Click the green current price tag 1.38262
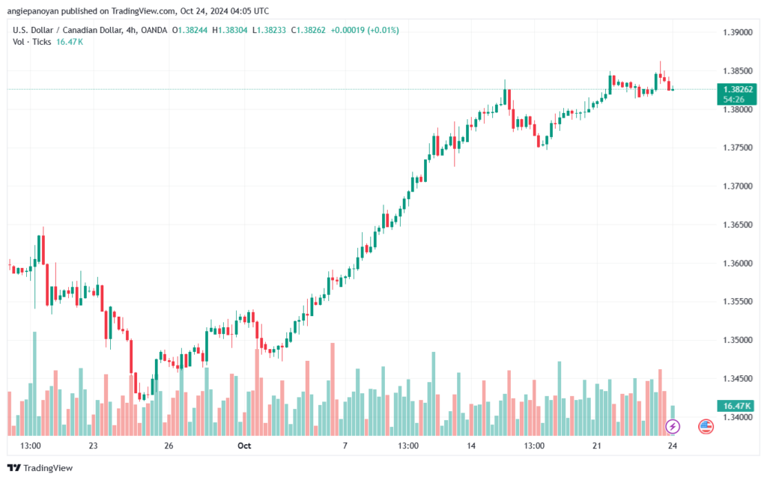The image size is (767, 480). point(733,88)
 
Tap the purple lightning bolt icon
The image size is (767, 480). point(673,427)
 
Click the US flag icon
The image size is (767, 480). point(706,427)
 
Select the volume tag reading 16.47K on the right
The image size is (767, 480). point(733,406)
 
